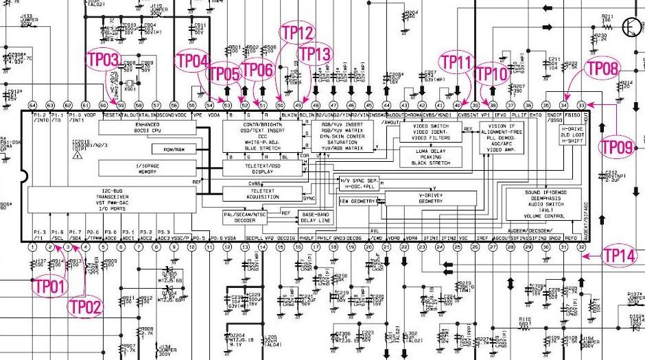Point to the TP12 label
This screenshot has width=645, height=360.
297,32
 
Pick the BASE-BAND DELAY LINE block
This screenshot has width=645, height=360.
316,217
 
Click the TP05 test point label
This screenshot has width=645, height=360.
223,73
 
